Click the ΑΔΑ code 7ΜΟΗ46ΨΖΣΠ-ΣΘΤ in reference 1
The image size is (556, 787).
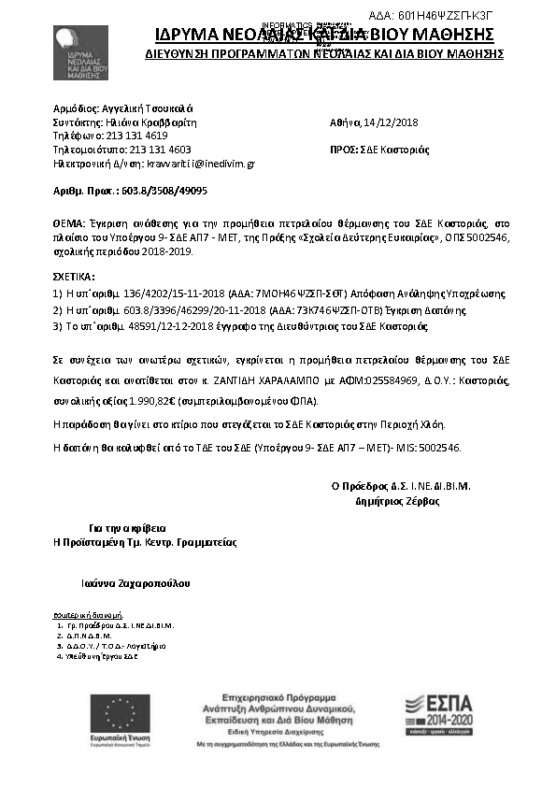(252, 293)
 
